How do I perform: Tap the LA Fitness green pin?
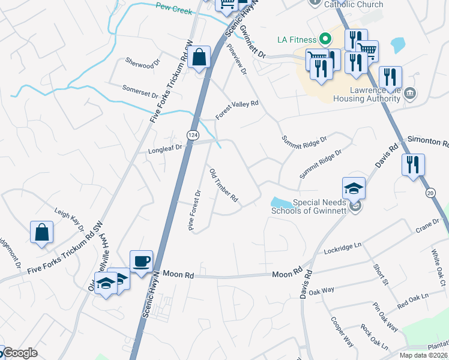(325, 40)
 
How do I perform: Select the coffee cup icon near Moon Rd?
(141, 262)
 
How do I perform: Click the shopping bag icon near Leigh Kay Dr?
(41, 233)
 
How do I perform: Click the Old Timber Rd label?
(224, 185)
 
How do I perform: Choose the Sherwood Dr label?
(143, 62)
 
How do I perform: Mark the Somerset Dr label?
(140, 91)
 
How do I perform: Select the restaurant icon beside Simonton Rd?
(412, 165)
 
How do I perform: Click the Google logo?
(20, 353)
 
